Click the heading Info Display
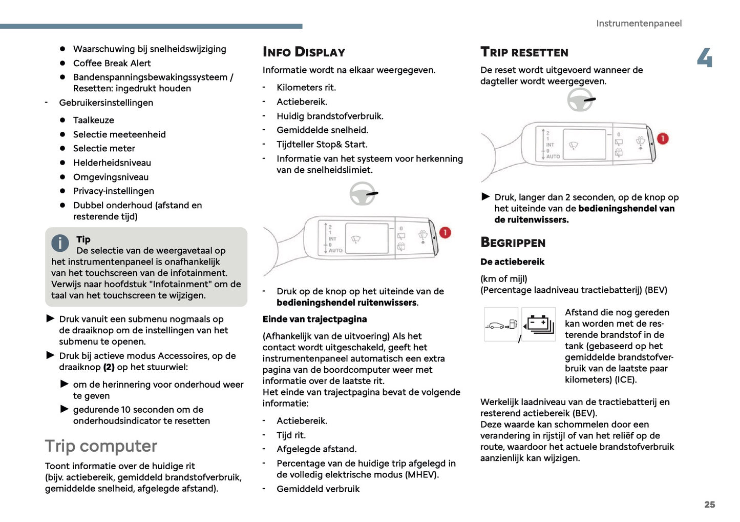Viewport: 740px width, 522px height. pyautogui.click(x=304, y=52)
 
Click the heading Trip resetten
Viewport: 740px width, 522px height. pyautogui.click(x=524, y=52)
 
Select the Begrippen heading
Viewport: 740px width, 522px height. pyautogui.click(x=513, y=243)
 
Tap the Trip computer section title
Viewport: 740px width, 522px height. pyautogui.click(x=101, y=446)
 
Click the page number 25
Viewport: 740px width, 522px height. pyautogui.click(x=709, y=504)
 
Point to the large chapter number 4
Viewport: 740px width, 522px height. pyautogui.click(x=705, y=57)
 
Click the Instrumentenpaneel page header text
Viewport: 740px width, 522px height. pyautogui.click(x=639, y=23)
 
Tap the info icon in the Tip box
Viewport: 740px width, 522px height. pyautogui.click(x=60, y=243)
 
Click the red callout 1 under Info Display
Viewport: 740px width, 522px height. pyautogui.click(x=445, y=232)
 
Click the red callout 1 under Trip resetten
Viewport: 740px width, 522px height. pyautogui.click(x=662, y=138)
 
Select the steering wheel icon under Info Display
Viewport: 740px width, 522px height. pyautogui.click(x=363, y=194)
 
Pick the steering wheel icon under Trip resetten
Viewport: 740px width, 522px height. pyautogui.click(x=580, y=99)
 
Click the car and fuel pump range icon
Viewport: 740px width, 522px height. pyautogui.click(x=501, y=325)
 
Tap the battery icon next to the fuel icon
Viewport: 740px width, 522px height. pyautogui.click(x=538, y=325)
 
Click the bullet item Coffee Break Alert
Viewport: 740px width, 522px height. pyautogui.click(x=112, y=63)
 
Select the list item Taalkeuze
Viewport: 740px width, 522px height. pyautogui.click(x=93, y=120)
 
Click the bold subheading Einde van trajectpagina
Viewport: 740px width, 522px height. pyautogui.click(x=314, y=319)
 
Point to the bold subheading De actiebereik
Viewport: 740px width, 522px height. pyautogui.click(x=512, y=262)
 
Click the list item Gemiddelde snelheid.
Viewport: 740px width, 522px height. pyautogui.click(x=322, y=130)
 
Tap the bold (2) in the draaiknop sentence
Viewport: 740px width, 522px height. pyautogui.click(x=109, y=367)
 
